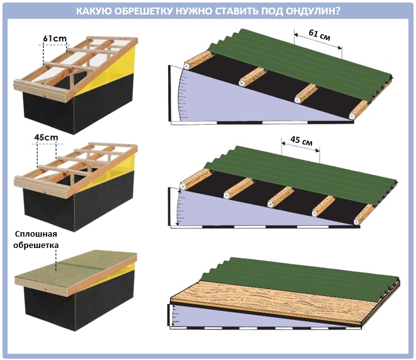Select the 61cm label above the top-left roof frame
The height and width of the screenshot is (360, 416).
[55, 38]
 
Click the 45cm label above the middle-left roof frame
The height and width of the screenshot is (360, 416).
[46, 137]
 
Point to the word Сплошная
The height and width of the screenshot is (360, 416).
[36, 234]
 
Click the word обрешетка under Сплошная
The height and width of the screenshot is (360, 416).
[36, 245]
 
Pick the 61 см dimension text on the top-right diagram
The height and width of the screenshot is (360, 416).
[320, 35]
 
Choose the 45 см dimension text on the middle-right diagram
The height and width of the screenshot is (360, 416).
[301, 140]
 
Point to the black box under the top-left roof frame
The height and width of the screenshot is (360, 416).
[77, 106]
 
